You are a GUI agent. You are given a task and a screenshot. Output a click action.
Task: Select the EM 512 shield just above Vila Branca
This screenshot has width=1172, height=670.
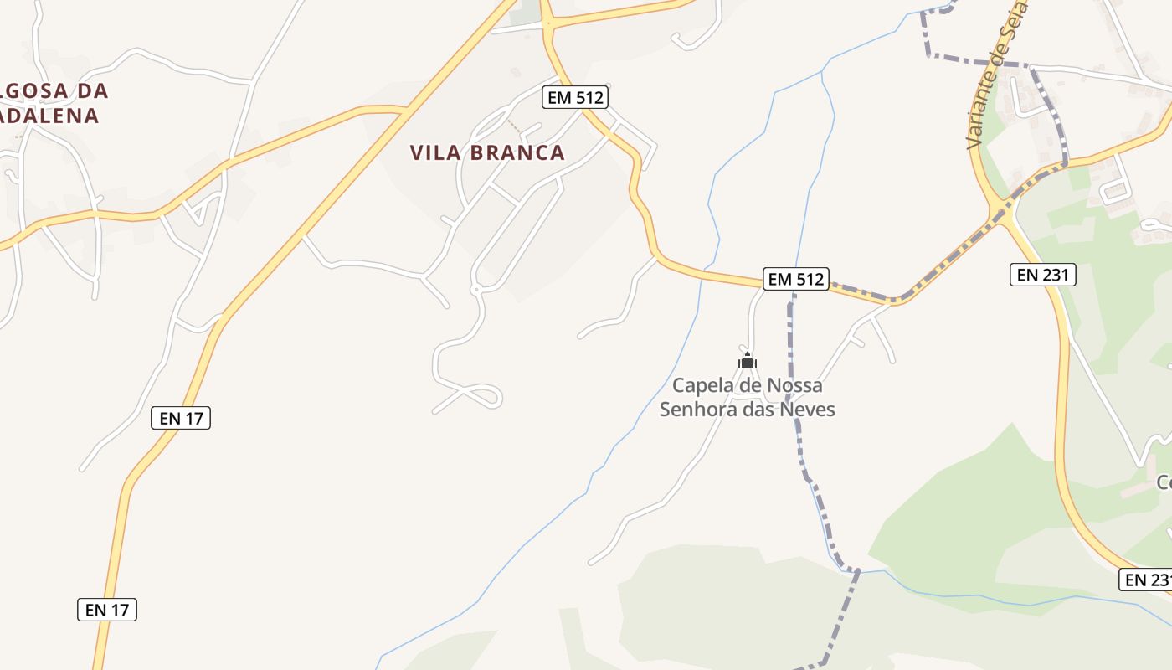pos(574,97)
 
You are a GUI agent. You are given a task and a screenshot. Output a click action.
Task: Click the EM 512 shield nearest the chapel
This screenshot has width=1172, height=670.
pos(796,279)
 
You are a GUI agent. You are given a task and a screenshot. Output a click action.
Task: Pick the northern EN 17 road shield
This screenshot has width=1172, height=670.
pos(181,418)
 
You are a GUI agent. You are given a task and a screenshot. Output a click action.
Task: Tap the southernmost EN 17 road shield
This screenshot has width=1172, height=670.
pos(107,610)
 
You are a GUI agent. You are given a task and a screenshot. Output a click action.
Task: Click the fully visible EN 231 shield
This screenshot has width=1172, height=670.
pos(1042,274)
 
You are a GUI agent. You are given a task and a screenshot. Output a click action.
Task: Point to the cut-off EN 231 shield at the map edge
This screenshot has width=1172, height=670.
pos(1146,580)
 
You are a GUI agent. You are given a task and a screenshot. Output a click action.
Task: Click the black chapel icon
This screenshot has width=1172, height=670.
pos(748,361)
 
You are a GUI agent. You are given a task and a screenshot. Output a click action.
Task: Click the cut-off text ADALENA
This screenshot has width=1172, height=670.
pos(50,116)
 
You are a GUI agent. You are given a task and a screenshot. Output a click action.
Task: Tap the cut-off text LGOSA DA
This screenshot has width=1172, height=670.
pos(55,90)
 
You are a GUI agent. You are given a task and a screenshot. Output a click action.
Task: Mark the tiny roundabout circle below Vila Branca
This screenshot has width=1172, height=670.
pos(475,290)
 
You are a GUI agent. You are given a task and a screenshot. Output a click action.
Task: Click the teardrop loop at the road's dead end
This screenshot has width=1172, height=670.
pos(483,394)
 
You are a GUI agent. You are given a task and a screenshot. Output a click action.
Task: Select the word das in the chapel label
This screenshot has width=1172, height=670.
pos(757,410)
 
